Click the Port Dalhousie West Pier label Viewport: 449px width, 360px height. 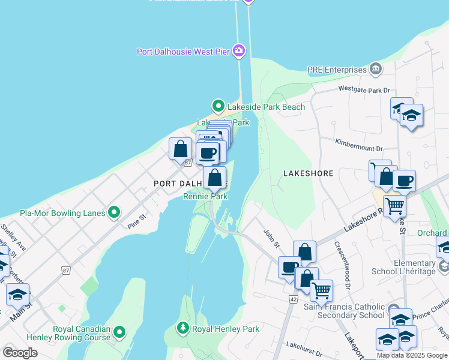point(183,52)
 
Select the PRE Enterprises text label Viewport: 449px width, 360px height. point(337,70)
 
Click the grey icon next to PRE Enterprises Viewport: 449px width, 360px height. point(376,69)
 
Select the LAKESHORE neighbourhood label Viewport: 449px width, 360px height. point(308,173)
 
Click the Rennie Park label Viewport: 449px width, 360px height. point(205,196)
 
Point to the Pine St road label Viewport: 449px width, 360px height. point(137,223)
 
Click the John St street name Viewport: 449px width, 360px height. point(271,237)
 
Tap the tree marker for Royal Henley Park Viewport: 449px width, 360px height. point(182,328)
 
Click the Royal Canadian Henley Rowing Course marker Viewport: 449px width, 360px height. point(120,331)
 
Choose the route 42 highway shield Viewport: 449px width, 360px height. point(292,298)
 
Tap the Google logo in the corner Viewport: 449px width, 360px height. point(20,352)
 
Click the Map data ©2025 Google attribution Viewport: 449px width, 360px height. point(412,355)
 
